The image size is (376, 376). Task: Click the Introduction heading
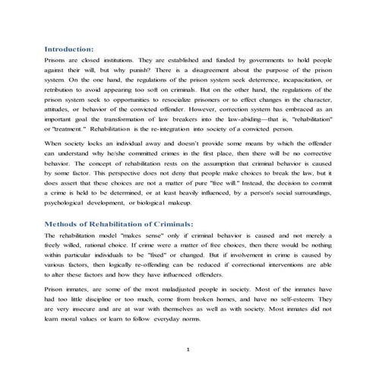click(69, 46)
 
